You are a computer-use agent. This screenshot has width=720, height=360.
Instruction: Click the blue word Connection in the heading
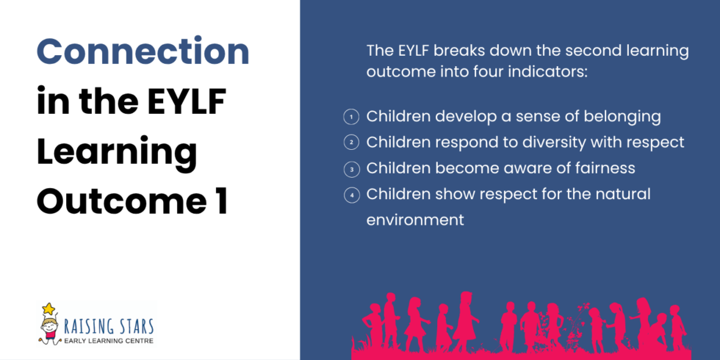tap(143, 52)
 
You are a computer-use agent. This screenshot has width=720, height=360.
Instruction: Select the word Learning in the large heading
tap(117, 152)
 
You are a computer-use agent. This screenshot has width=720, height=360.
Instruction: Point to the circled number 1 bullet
tap(351, 117)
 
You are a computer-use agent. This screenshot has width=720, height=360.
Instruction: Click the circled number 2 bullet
tap(351, 142)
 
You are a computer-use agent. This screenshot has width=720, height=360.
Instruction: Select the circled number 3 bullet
tap(351, 168)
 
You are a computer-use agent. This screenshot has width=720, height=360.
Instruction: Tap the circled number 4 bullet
tap(351, 194)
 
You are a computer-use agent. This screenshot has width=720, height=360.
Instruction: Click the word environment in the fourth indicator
tap(415, 220)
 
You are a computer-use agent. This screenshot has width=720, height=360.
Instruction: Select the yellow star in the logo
tap(48, 309)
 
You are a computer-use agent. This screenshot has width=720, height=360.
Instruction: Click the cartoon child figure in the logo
tap(49, 330)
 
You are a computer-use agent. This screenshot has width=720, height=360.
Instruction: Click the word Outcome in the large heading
tap(122, 201)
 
